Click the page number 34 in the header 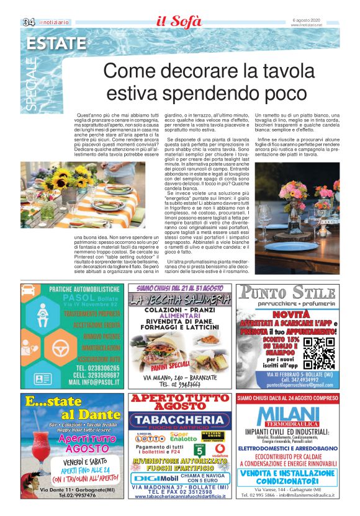tap(29, 23)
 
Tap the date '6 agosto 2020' tap(305, 20)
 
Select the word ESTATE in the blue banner tap(56, 43)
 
